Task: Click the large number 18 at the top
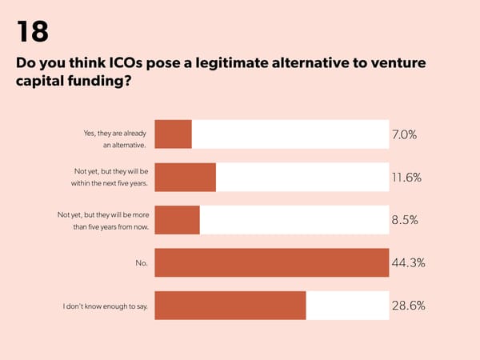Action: click(32, 31)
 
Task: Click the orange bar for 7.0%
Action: click(173, 134)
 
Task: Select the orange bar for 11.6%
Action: click(185, 177)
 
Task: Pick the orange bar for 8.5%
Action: click(177, 220)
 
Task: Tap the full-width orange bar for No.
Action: click(271, 262)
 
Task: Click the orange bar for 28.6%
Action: click(230, 305)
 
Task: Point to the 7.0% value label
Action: click(404, 134)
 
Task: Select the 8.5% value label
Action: click(405, 220)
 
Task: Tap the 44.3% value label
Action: click(408, 262)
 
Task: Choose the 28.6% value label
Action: click(408, 305)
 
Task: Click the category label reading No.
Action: click(141, 262)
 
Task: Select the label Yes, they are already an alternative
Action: click(114, 138)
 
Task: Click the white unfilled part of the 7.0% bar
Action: click(290, 134)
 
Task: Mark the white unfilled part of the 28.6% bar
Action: click(347, 305)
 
